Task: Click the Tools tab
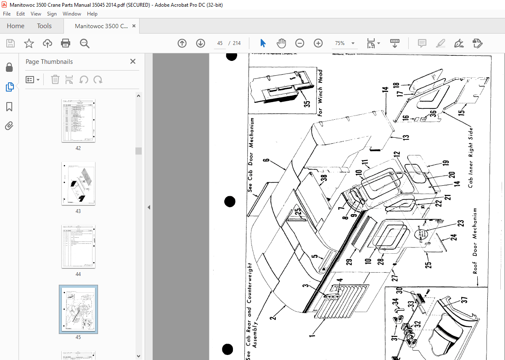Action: click(44, 26)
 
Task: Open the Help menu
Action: click(92, 14)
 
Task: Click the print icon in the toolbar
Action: click(66, 43)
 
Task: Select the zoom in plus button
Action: click(318, 43)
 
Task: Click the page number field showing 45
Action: click(220, 43)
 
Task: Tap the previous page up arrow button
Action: click(182, 43)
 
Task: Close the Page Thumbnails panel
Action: click(133, 62)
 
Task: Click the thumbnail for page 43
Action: click(78, 183)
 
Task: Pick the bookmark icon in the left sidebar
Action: click(9, 107)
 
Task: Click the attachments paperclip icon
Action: click(9, 126)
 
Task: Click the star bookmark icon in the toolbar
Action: click(29, 43)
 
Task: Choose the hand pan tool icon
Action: click(281, 43)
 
